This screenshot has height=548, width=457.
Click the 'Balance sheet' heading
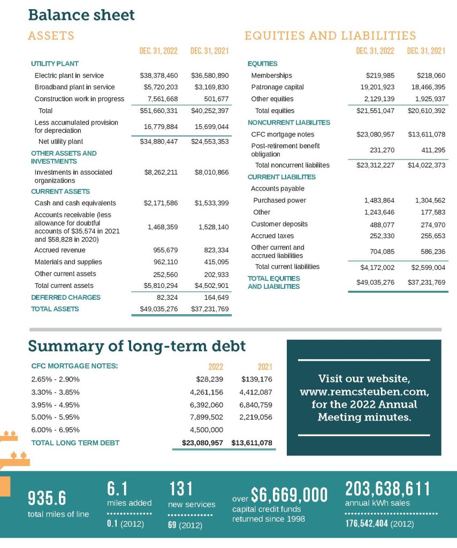(81, 14)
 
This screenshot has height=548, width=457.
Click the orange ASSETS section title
(51, 36)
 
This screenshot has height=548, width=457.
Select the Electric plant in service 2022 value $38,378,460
(159, 75)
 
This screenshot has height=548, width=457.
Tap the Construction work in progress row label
(79, 98)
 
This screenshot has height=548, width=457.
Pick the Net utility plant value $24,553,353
(210, 142)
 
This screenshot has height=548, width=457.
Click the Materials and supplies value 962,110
(165, 262)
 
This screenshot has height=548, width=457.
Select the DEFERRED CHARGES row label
(66, 297)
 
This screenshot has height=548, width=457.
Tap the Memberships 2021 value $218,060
(431, 75)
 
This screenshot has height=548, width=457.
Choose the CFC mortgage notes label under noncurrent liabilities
(283, 134)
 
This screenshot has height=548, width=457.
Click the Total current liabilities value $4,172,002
(377, 267)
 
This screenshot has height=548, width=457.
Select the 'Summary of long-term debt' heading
(136, 346)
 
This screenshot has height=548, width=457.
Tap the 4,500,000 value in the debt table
(204, 429)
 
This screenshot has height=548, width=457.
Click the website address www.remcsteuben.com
(364, 392)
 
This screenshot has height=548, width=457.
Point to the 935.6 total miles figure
(47, 498)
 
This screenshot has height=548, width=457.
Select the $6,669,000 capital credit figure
(289, 495)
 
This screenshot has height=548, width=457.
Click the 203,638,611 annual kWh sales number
(387, 489)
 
